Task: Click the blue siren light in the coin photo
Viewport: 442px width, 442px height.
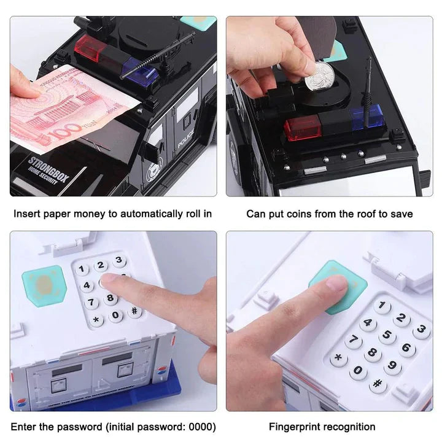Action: (366, 116)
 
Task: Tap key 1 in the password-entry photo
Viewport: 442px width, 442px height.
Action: (81, 269)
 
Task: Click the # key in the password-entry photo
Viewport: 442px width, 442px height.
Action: (134, 311)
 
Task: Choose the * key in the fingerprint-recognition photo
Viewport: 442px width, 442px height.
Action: (338, 358)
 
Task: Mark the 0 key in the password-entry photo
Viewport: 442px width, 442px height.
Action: (115, 316)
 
